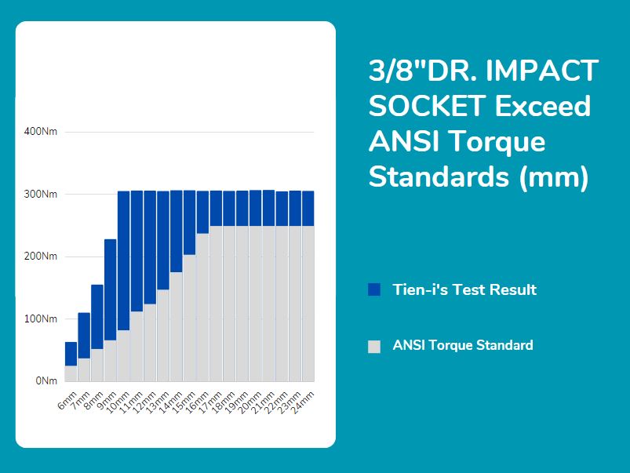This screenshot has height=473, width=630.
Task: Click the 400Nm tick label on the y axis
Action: point(42,131)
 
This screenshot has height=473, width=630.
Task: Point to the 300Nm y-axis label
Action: point(42,194)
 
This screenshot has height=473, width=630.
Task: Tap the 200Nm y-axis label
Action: point(42,257)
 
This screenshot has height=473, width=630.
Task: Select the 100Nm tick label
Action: point(42,319)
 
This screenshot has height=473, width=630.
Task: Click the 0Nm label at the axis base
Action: point(46,381)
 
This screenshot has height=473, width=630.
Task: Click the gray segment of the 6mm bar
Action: point(71,373)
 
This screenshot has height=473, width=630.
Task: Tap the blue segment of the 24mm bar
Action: point(308,209)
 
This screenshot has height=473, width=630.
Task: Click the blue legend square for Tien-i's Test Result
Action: point(374,290)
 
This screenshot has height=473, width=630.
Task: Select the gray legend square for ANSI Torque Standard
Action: point(374,347)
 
